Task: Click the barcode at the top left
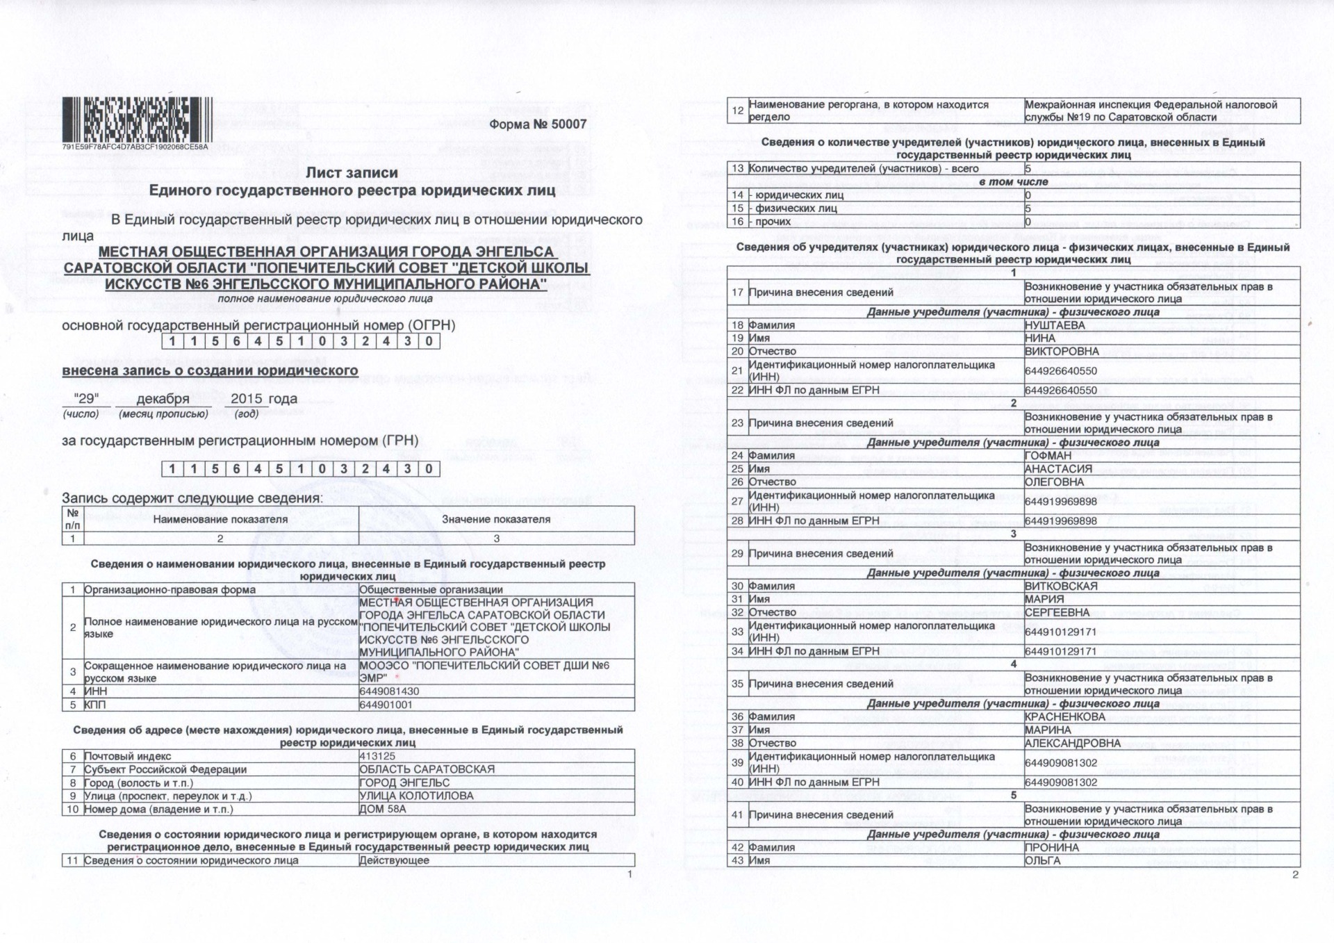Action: [136, 118]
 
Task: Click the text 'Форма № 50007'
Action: [538, 124]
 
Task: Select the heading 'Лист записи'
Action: [352, 173]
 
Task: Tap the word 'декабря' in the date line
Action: [163, 399]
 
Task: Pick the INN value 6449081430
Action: [389, 691]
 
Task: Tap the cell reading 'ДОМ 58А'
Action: [382, 809]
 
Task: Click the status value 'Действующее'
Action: [394, 860]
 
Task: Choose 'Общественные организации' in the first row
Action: [431, 590]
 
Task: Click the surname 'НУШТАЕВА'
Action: [1055, 325]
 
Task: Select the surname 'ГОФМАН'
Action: [1048, 456]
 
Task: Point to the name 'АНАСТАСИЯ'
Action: [1058, 469]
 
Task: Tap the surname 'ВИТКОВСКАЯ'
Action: [1061, 586]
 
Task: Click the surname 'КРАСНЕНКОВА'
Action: [1064, 716]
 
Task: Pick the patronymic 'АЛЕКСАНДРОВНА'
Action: [1073, 743]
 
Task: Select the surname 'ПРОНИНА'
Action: [1052, 847]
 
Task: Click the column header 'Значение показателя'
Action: [496, 519]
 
